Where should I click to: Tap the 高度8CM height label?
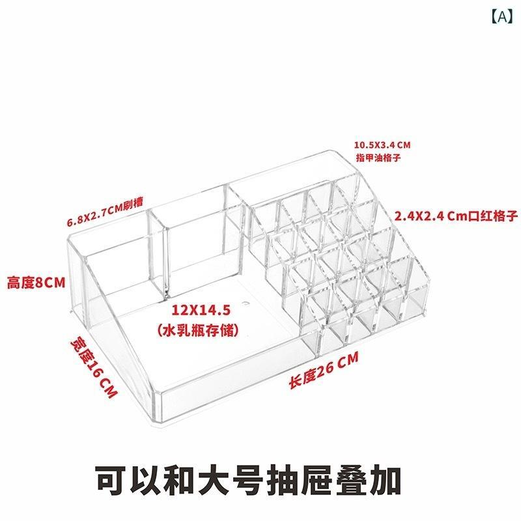36,283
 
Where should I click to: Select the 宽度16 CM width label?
94,367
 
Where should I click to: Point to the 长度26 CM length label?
324,370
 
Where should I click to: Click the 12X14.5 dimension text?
201,310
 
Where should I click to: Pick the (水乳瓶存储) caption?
198,330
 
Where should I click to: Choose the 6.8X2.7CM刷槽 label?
105,212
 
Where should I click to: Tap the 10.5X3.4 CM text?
382,145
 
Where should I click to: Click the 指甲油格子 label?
378,158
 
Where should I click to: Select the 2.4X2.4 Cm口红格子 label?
456,216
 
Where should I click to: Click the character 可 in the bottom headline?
111,481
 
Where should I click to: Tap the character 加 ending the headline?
385,481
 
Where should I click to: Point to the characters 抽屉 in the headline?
300,481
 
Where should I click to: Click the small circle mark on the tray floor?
246,303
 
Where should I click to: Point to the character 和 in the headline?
180,481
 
